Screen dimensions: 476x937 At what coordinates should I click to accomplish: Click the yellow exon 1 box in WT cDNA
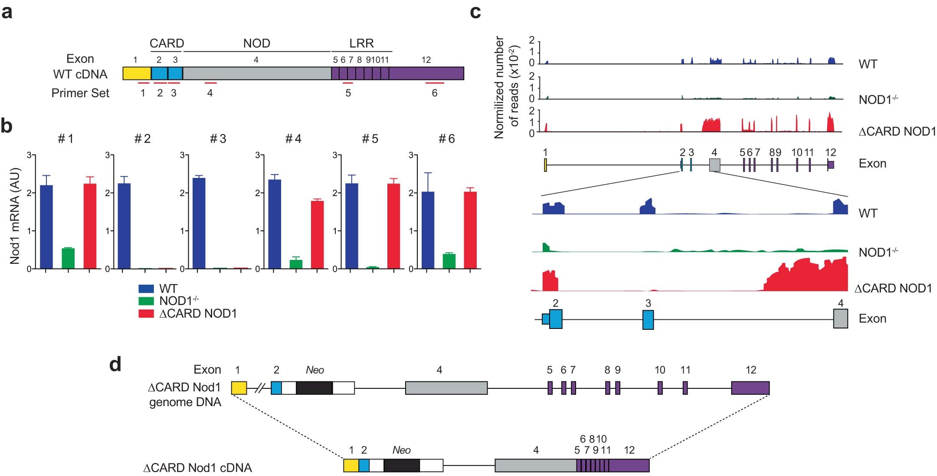point(137,73)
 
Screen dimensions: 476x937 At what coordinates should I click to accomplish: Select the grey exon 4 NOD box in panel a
point(257,73)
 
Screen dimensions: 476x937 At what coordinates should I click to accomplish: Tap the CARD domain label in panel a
point(167,43)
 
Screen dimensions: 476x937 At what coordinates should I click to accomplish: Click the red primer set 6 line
point(435,83)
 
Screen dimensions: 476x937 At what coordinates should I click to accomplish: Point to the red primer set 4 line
point(210,83)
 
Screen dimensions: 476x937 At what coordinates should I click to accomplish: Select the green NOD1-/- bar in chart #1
point(68,259)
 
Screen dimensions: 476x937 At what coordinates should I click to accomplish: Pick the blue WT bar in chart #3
point(199,223)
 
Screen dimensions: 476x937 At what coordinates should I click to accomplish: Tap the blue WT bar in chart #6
point(428,230)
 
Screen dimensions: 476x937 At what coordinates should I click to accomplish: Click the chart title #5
point(370,139)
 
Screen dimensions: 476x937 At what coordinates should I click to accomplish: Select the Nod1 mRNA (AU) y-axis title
point(15,216)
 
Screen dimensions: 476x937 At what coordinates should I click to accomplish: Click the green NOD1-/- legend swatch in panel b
point(146,301)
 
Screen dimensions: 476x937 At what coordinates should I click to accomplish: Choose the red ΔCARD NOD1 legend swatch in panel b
point(146,313)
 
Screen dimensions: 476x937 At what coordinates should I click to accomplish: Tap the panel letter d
point(115,364)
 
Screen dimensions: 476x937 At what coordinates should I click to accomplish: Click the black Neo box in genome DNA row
point(314,387)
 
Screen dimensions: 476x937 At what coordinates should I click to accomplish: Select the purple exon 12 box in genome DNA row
point(750,387)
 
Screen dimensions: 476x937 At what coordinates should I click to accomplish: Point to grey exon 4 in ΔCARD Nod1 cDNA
point(535,465)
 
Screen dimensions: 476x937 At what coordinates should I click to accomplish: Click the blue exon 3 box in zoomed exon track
point(648,320)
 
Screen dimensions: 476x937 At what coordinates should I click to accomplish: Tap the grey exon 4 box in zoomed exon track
point(840,318)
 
